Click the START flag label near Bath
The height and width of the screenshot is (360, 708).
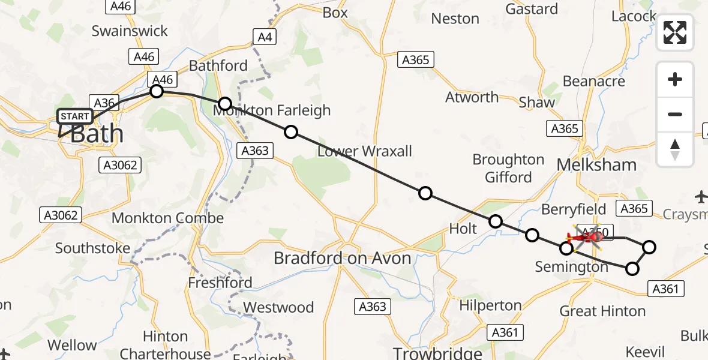[x=75, y=116]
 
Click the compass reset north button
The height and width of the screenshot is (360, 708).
[x=675, y=149]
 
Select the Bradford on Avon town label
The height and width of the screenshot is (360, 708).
[x=342, y=259]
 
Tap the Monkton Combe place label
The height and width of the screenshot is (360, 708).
[x=167, y=218]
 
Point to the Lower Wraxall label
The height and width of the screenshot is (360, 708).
[x=364, y=151]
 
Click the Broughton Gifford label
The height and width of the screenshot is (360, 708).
[x=508, y=169]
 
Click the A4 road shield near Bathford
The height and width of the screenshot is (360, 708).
[x=264, y=38]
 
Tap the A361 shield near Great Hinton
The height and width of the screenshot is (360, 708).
[x=666, y=289]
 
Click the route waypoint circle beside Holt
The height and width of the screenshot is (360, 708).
[x=496, y=221]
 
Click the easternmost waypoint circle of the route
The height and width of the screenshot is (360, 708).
[x=649, y=247]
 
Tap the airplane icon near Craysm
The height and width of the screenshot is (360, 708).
[x=700, y=196]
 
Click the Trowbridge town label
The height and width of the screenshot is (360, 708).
[x=437, y=352]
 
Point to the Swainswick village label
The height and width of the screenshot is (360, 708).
[x=129, y=31]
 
